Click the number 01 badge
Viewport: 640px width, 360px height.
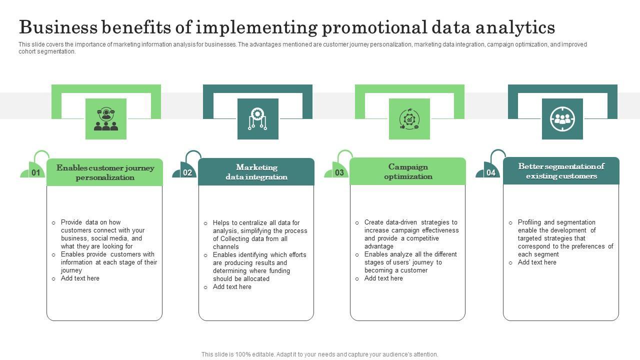pos(36,173)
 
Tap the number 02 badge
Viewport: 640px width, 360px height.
pos(187,173)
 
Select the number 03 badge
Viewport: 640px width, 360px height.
pos(339,173)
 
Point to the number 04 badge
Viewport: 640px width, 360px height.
pos(491,173)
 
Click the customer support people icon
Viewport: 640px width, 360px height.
pos(106,119)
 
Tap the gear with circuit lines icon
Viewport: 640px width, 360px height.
pos(257,119)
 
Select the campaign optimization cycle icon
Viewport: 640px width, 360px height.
pos(409,119)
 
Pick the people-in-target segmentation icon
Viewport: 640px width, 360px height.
pos(562,119)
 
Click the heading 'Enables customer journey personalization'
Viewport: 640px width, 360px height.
pos(105,172)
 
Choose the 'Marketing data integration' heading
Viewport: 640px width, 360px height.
pos(256,172)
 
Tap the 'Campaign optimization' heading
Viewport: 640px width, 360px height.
pos(408,171)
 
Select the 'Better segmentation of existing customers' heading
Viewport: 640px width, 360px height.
pos(561,171)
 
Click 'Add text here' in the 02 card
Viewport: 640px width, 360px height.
pos(232,287)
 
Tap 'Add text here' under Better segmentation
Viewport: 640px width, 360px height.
pos(537,262)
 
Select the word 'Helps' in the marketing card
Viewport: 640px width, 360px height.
pos(221,223)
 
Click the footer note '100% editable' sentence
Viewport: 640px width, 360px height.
pos(320,354)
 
